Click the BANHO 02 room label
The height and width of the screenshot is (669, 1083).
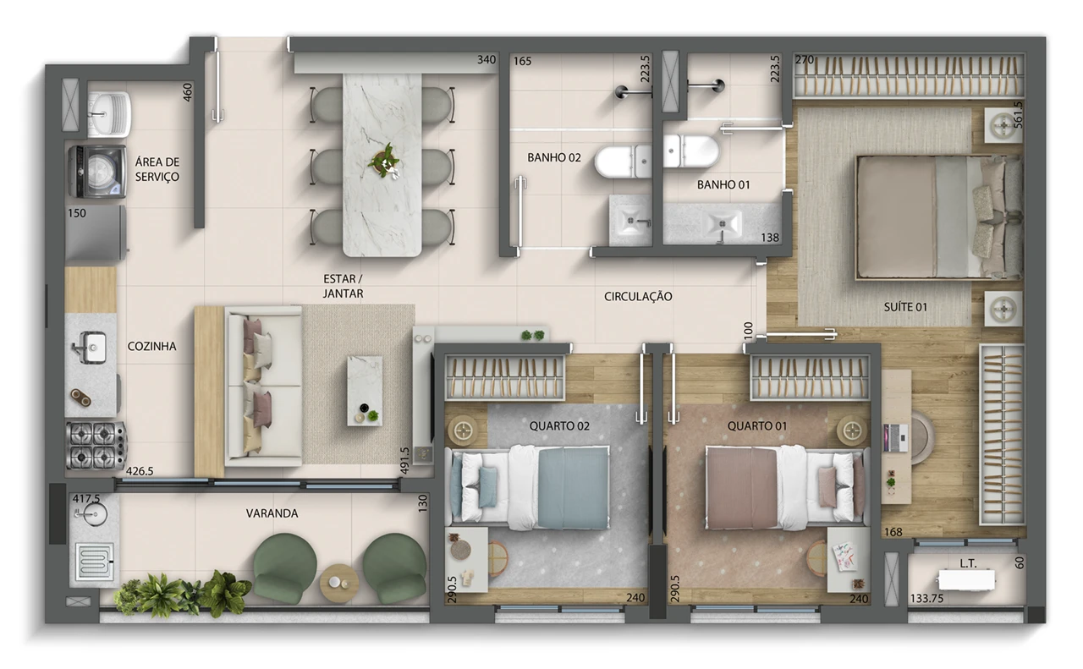point(553,157)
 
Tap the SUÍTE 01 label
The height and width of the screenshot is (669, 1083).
point(905,307)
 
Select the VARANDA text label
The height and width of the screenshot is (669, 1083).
point(272,513)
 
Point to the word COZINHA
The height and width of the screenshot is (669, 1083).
point(151,346)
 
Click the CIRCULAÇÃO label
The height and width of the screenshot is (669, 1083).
point(638,296)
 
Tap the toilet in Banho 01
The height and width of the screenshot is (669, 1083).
point(691,151)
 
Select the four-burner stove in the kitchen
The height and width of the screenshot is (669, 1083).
point(96,446)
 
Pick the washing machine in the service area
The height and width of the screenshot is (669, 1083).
point(97,172)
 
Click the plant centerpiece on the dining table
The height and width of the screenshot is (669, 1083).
point(384,161)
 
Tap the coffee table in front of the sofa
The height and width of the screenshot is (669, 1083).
point(365,391)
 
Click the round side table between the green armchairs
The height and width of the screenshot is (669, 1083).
point(339,583)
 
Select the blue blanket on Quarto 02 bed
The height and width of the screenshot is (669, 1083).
point(574,488)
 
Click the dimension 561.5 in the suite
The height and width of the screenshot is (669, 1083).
point(1018,114)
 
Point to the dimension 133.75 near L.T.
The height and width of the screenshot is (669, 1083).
point(926,599)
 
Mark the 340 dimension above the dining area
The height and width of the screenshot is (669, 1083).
point(487,59)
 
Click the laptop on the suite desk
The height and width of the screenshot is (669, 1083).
point(895,438)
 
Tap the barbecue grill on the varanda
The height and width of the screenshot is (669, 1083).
point(96,562)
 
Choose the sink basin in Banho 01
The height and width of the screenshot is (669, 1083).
point(723,224)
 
